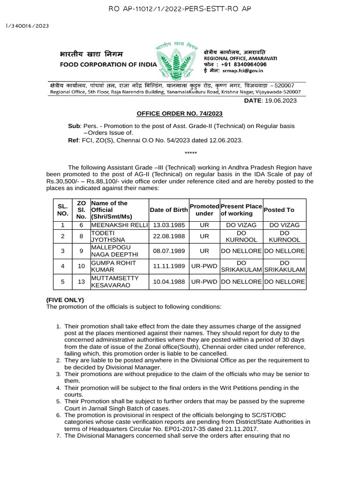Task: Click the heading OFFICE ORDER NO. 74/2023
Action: pyautogui.click(x=180, y=113)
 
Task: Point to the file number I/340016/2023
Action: pyautogui.click(x=27, y=26)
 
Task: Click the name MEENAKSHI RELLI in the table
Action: pyautogui.click(x=120, y=225)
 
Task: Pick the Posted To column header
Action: pyautogui.click(x=279, y=210)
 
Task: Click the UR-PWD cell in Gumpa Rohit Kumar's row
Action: pyautogui.click(x=204, y=266)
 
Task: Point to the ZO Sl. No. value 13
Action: pyautogui.click(x=81, y=282)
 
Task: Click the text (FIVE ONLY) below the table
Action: pyautogui.click(x=65, y=300)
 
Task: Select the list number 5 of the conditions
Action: pyautogui.click(x=58, y=402)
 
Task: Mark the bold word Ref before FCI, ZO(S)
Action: pyautogui.click(x=74, y=140)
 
